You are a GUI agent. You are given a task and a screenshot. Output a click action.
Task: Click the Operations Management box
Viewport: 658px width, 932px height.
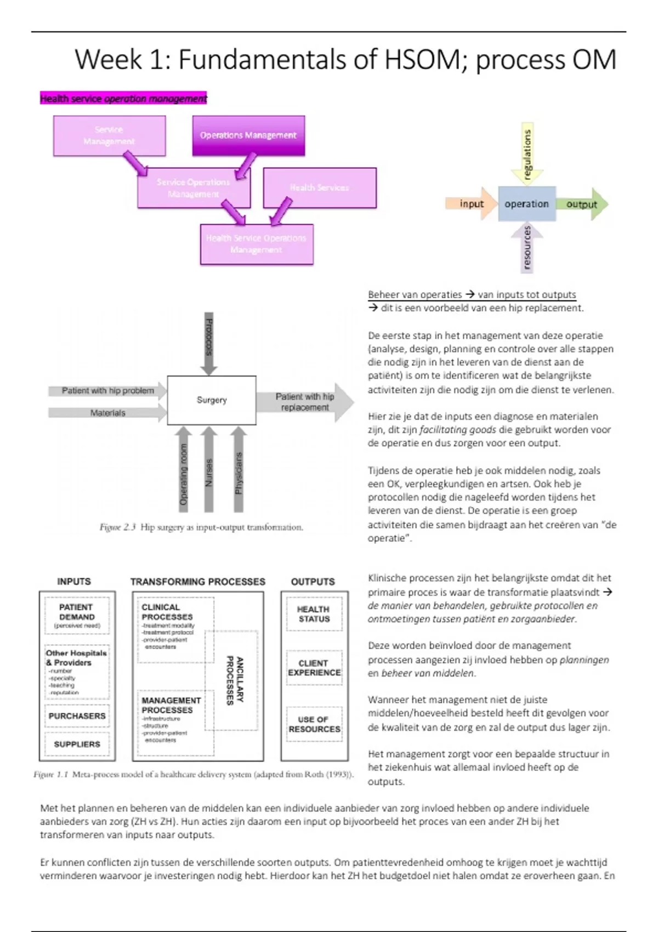pyautogui.click(x=248, y=135)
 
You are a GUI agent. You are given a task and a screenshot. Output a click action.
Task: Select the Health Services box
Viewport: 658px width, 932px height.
pyautogui.click(x=320, y=187)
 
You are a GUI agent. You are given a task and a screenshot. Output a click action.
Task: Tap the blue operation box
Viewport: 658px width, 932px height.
pyautogui.click(x=526, y=204)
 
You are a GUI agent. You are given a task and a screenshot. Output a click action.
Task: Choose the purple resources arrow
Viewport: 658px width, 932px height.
pyautogui.click(x=527, y=248)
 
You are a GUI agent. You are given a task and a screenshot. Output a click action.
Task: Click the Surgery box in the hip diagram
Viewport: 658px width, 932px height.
pyautogui.click(x=212, y=400)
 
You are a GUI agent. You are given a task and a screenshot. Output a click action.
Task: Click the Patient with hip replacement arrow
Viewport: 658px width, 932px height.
pyautogui.click(x=305, y=402)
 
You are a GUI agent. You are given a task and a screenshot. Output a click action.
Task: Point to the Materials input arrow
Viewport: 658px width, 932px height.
pyautogui.click(x=107, y=413)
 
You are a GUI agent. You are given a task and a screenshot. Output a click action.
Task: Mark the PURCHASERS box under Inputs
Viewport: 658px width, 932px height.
pyautogui.click(x=77, y=716)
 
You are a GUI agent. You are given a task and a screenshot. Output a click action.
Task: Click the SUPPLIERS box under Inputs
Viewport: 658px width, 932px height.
pyautogui.click(x=77, y=744)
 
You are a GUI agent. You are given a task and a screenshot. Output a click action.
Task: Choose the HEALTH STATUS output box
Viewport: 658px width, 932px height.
pyautogui.click(x=314, y=614)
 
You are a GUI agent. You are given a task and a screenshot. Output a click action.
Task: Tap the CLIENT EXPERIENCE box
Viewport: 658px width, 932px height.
pyautogui.click(x=314, y=668)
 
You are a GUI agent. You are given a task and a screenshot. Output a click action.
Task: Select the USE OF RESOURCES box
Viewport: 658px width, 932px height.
pyautogui.click(x=314, y=724)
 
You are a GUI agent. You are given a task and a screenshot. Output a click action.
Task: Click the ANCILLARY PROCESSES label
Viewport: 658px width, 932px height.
pyautogui.click(x=235, y=680)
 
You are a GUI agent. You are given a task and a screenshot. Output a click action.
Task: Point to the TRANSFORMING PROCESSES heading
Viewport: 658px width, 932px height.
pyautogui.click(x=197, y=582)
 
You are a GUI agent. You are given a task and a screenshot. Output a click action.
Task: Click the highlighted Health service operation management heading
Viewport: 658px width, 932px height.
pyautogui.click(x=123, y=99)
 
